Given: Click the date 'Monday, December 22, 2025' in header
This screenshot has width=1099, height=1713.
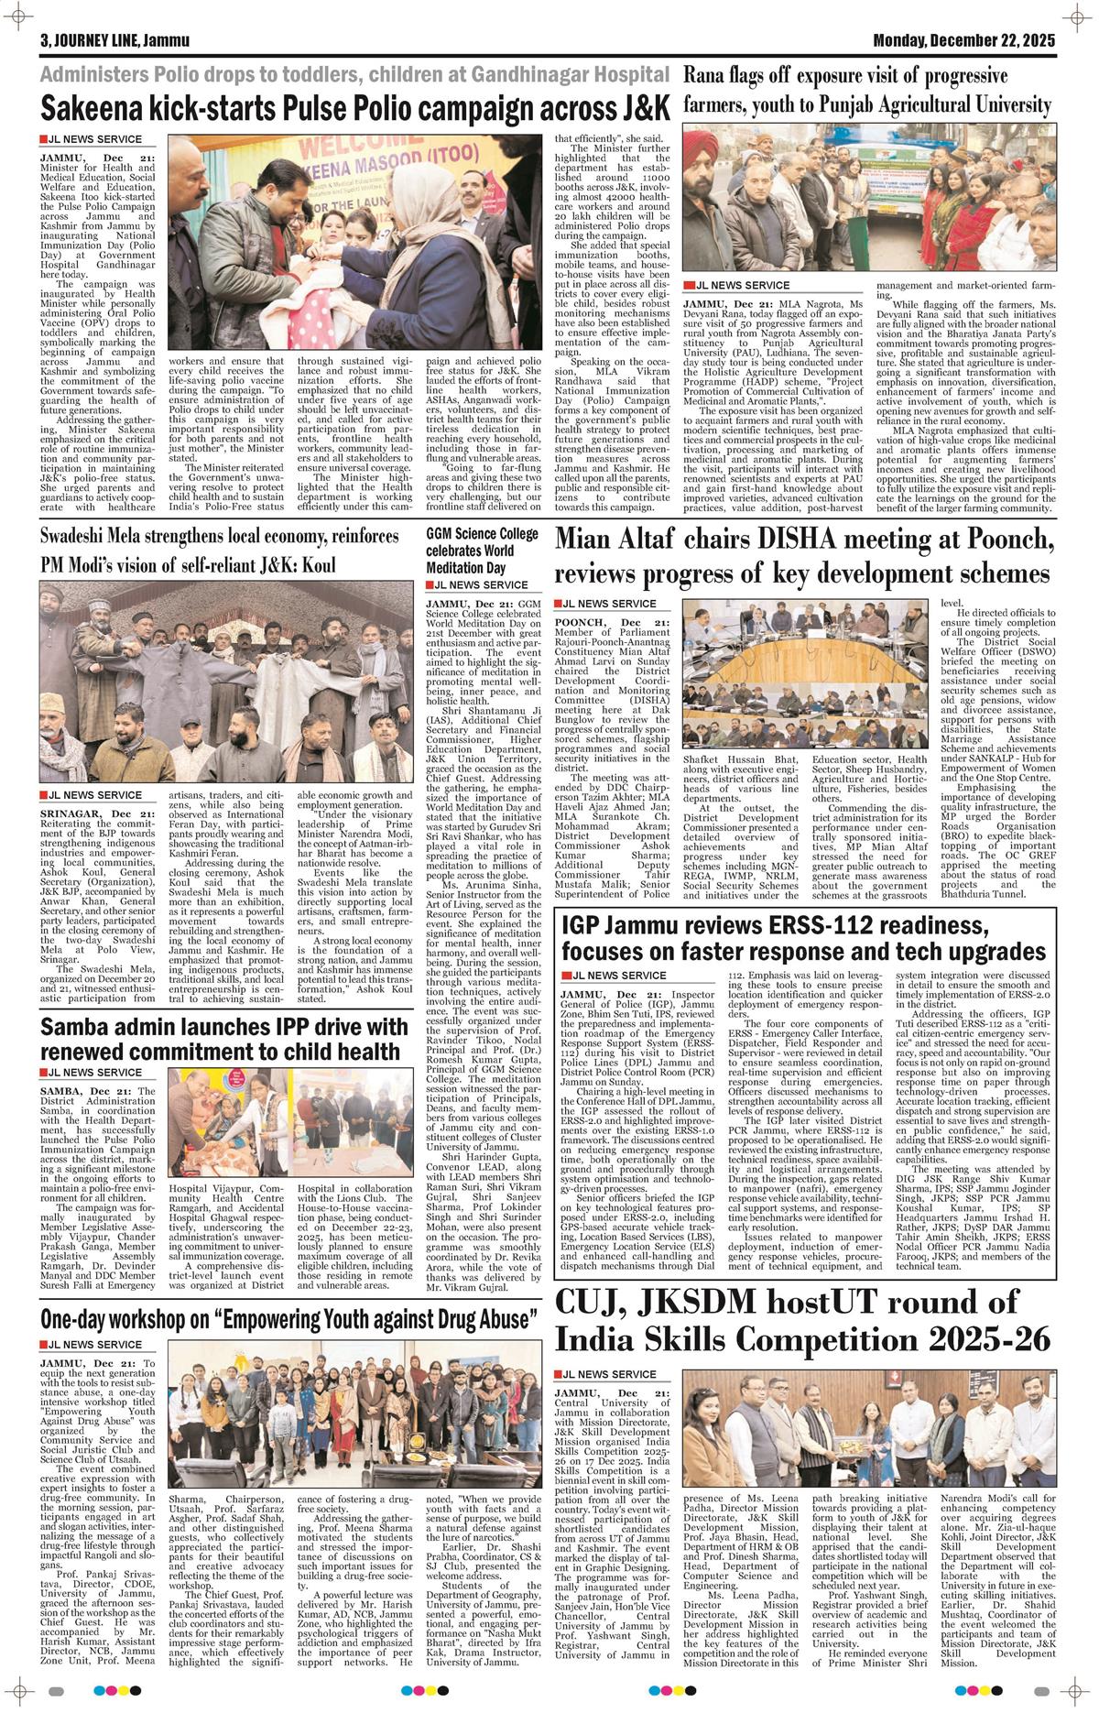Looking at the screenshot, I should (963, 41).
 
